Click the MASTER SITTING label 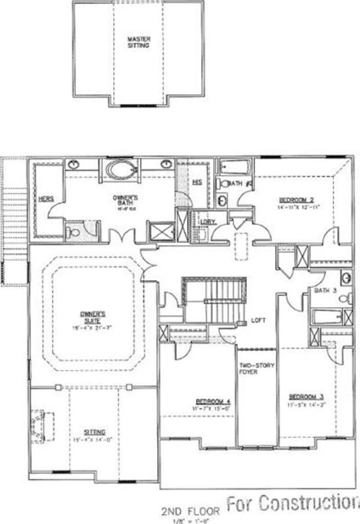tap(138, 42)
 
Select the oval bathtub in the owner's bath tap(121, 169)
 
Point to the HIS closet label tap(197, 182)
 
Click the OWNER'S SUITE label tap(92, 314)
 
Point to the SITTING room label tap(96, 432)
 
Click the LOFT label tap(259, 320)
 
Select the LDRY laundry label tap(208, 221)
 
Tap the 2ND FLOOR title tap(190, 511)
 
